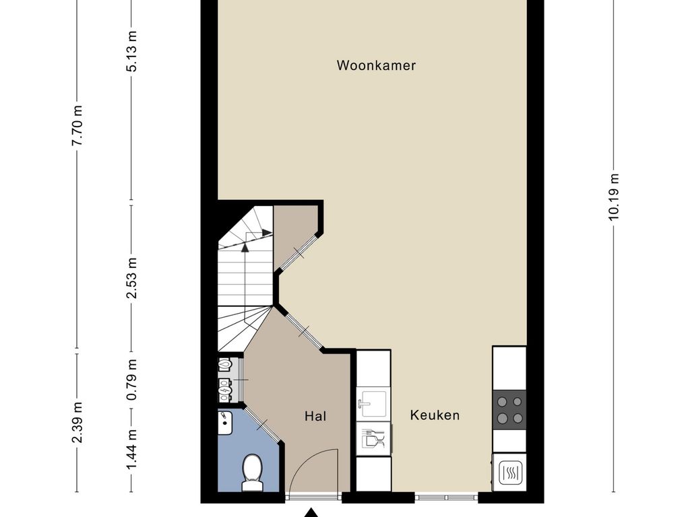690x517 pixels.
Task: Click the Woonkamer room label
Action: pyautogui.click(x=376, y=65)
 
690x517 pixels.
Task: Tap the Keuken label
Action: pyautogui.click(x=435, y=415)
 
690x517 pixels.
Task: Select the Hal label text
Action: pyautogui.click(x=315, y=416)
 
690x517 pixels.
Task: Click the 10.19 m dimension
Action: pyautogui.click(x=614, y=196)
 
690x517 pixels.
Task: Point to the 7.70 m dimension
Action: pyautogui.click(x=77, y=126)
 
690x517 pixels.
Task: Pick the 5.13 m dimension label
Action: pyautogui.click(x=131, y=51)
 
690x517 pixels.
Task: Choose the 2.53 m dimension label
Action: pyautogui.click(x=131, y=278)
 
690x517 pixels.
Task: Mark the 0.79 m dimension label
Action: pyautogui.click(x=131, y=380)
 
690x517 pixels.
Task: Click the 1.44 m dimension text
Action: pyautogui.click(x=131, y=449)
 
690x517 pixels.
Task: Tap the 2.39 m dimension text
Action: pyautogui.click(x=77, y=423)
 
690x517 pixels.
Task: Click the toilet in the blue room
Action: pyautogui.click(x=252, y=473)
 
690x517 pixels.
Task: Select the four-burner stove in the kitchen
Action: pyautogui.click(x=509, y=409)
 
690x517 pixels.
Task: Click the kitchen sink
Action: pyautogui.click(x=373, y=404)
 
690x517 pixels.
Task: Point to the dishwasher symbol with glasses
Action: pyautogui.click(x=373, y=438)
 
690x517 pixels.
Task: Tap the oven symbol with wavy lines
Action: pyautogui.click(x=510, y=473)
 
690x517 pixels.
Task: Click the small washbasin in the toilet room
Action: pyautogui.click(x=225, y=423)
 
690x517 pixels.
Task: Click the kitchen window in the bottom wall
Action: pyautogui.click(x=446, y=497)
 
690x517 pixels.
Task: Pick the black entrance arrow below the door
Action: pyautogui.click(x=311, y=512)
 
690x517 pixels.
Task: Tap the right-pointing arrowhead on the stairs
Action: pyautogui.click(x=266, y=232)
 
